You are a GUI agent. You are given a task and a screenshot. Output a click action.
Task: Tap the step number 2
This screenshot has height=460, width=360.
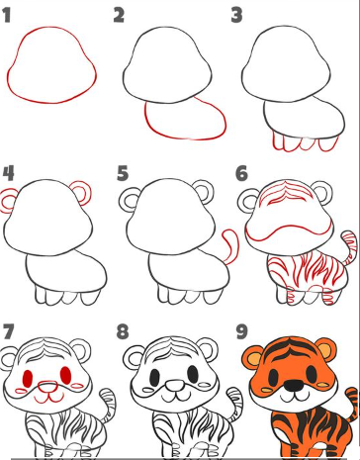pos(120,15)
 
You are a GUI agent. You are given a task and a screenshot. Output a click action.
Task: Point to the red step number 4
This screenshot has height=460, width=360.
pos(9,175)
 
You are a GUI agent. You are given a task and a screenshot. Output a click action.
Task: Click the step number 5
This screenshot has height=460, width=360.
pos(124,174)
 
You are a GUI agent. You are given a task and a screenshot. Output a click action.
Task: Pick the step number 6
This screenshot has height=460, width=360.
pos(240,173)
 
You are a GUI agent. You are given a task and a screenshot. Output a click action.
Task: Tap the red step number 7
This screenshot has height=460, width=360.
pos(9,329)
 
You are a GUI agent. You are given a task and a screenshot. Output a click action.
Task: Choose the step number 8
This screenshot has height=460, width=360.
pos(124,330)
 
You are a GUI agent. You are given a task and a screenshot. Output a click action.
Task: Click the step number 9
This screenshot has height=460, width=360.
pos(240,329)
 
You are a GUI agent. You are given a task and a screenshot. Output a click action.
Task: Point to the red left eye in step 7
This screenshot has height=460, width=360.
pos(29,377)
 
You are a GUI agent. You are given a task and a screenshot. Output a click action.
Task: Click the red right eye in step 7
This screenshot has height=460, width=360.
pos(66,377)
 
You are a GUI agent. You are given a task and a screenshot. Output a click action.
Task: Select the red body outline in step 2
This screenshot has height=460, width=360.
pos(188,122)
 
